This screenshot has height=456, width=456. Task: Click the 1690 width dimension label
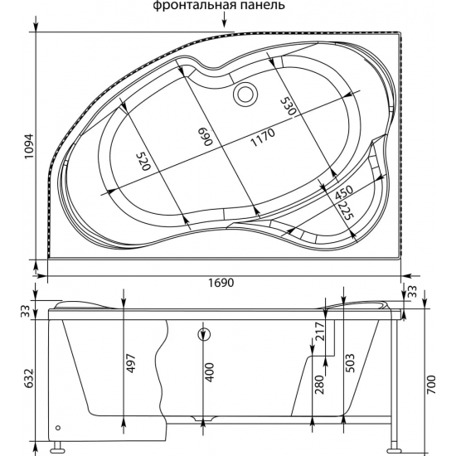coord(218,282)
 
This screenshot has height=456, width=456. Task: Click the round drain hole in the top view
coord(245,95)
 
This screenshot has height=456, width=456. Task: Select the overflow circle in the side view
coord(204,335)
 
